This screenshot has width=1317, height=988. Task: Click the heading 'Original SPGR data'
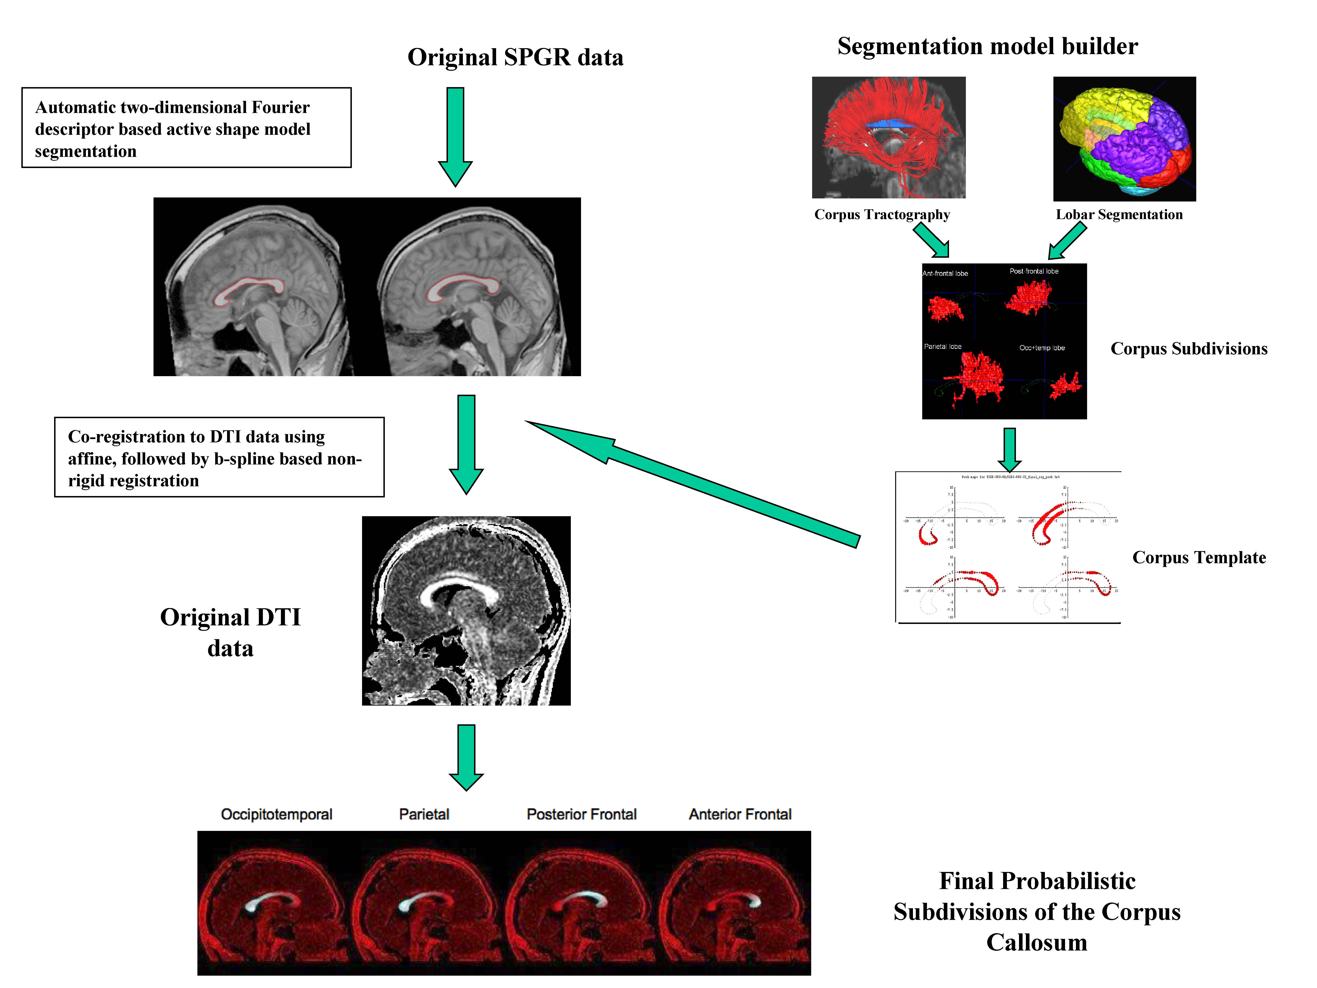click(x=515, y=57)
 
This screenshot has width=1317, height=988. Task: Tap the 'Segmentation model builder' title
click(x=987, y=46)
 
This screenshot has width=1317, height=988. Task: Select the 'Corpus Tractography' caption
click(x=882, y=214)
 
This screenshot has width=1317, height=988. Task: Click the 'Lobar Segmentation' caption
click(x=1119, y=214)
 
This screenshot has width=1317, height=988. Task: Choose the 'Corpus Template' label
click(x=1199, y=557)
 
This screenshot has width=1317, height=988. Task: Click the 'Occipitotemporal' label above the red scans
click(x=276, y=814)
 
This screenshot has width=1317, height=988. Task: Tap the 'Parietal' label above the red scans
click(x=424, y=814)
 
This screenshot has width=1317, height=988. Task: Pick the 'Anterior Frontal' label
click(x=740, y=814)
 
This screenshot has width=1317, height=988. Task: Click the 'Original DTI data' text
click(x=230, y=632)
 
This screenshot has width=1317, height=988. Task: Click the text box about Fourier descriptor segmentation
click(x=186, y=128)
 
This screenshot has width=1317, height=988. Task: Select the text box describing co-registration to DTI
click(x=219, y=457)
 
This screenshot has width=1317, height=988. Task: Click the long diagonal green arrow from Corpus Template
click(x=691, y=482)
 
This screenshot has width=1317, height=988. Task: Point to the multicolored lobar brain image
click(x=1124, y=139)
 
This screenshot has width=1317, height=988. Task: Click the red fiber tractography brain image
click(x=888, y=137)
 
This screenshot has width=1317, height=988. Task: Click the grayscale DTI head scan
click(x=466, y=610)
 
